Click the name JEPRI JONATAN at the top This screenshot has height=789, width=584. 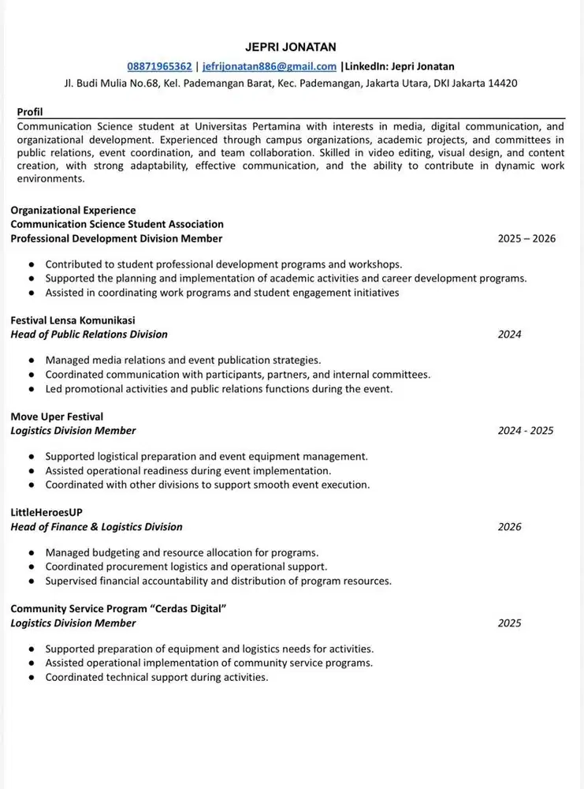click(x=291, y=47)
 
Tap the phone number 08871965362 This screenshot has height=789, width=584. click(x=159, y=66)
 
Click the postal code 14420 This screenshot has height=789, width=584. click(x=502, y=83)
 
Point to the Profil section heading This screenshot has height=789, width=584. click(x=30, y=112)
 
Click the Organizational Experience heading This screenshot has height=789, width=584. click(x=73, y=210)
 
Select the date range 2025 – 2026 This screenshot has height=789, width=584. click(x=526, y=238)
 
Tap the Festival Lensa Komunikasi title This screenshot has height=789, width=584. click(x=73, y=320)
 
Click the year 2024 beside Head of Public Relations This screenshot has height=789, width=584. click(x=509, y=335)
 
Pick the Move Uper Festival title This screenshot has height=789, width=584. click(x=57, y=417)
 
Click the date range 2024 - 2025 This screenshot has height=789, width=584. click(x=525, y=431)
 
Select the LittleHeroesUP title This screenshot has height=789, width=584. click(x=46, y=512)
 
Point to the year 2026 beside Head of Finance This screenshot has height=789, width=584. click(x=509, y=527)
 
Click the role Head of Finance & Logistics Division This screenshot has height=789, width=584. click(x=96, y=527)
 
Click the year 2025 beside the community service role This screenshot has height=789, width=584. click(x=509, y=623)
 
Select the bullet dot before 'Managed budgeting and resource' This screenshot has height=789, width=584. click(x=31, y=553)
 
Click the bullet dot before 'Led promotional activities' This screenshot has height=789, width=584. click(x=31, y=389)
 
